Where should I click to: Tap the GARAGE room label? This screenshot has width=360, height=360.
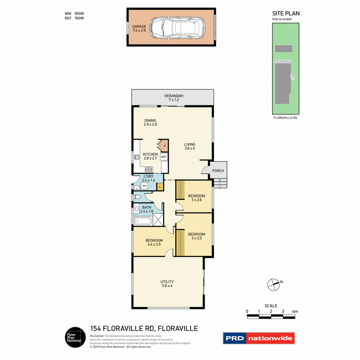tap(139, 28)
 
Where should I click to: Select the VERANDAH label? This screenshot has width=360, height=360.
tap(173, 98)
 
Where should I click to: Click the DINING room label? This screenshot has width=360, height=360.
tap(150, 122)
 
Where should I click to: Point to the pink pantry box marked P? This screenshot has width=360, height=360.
tap(164, 146)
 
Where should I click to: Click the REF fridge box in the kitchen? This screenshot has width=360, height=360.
tap(163, 157)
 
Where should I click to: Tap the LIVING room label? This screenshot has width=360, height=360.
tap(189, 146)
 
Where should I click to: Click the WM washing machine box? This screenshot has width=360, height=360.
tap(144, 186)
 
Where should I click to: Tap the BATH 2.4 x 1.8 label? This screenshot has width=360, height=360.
tap(147, 209)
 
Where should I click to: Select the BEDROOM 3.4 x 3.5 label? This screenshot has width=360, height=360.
tap(155, 242)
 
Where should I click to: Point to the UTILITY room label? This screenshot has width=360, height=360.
tap(167, 284)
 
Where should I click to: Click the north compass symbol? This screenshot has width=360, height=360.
tap(273, 285)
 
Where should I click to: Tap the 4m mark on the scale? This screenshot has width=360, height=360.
tap(295, 311)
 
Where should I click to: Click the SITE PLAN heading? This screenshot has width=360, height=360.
tap(286, 14)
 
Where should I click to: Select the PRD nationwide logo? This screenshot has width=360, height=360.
tap(258, 338)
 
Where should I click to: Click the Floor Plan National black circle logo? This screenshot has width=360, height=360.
tap(75, 337)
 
